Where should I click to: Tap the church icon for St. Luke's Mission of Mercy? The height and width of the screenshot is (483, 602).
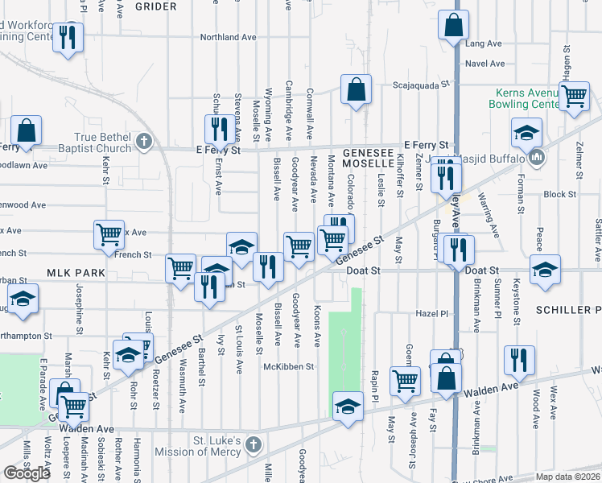[x=254, y=445]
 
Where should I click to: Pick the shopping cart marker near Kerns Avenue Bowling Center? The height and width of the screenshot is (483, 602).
[x=574, y=96]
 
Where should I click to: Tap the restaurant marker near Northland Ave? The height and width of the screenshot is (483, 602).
[x=68, y=36]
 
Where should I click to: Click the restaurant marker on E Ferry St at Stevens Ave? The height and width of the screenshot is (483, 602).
[x=218, y=129]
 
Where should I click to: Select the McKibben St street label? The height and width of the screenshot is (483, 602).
[x=287, y=366]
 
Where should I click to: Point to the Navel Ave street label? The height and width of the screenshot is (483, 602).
[x=484, y=64]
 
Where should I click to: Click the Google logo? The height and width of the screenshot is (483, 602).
[x=27, y=473]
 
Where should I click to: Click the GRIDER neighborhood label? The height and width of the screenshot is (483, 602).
[x=155, y=6]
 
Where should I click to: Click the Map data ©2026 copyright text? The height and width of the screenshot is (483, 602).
[x=566, y=477]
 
